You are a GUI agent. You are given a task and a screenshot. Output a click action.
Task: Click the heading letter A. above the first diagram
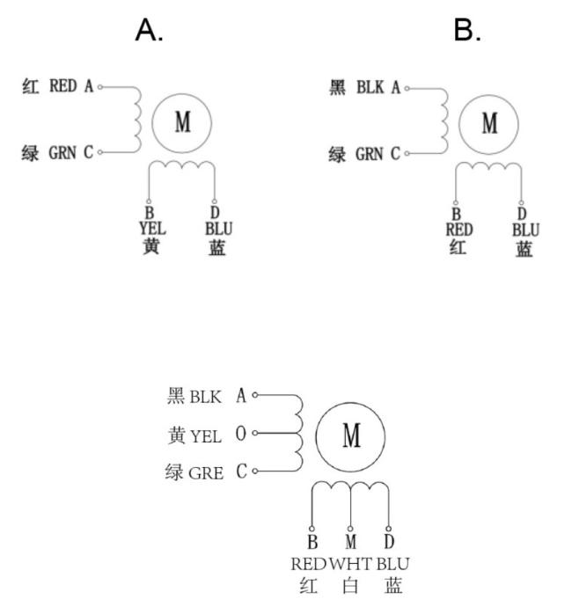click(150, 30)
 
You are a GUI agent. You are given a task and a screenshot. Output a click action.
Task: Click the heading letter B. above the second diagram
click(467, 30)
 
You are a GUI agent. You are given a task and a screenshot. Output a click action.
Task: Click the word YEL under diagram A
click(152, 228)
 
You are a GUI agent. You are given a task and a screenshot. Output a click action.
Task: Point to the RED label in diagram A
click(62, 85)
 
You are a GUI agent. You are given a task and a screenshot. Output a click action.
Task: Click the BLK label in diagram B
click(370, 87)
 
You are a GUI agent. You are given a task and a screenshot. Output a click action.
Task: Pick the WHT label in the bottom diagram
click(350, 564)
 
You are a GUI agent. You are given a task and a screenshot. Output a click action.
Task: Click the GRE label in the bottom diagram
click(206, 473)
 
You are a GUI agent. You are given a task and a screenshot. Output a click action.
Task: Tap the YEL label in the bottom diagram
click(206, 435)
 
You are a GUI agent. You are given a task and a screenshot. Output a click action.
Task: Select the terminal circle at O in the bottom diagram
click(254, 433)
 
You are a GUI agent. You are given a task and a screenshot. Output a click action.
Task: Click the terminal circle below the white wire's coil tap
click(350, 529)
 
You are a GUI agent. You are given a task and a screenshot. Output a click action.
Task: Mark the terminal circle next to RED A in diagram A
click(100, 87)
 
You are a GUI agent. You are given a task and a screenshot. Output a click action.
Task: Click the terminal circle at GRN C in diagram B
click(407, 153)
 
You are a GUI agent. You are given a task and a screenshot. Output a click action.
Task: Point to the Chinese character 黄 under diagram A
click(151, 246)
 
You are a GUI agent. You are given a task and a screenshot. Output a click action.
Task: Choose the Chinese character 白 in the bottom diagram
click(350, 586)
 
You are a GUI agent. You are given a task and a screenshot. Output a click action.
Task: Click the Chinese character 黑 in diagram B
click(337, 87)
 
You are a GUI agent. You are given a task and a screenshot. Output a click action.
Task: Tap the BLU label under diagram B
click(525, 230)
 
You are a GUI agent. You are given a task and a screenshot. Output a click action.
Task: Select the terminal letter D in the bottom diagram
click(389, 542)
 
